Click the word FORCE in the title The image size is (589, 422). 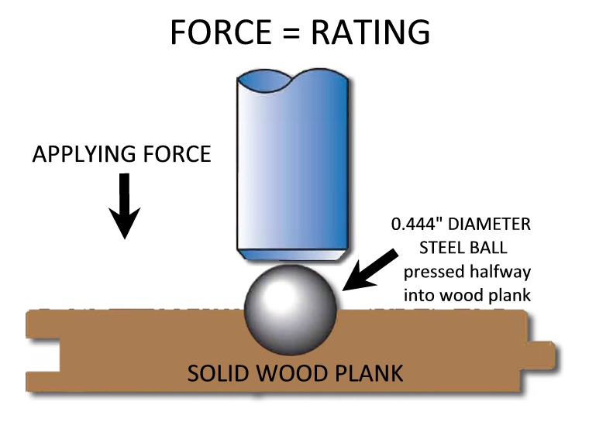[221, 32]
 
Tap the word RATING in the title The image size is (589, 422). [370, 32]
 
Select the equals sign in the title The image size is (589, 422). [291, 33]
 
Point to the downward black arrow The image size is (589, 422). [125, 205]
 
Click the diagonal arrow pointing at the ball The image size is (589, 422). [370, 270]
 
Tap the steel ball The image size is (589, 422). [291, 310]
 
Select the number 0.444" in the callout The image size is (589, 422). [417, 224]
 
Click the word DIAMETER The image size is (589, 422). [490, 224]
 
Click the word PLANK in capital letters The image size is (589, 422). [368, 373]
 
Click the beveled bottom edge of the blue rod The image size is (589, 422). [292, 255]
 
